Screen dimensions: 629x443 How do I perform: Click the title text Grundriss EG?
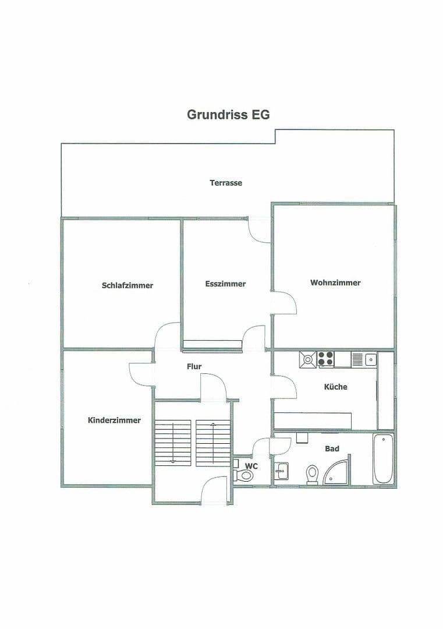pyautogui.click(x=228, y=115)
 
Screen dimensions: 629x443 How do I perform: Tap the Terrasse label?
pyautogui.click(x=226, y=183)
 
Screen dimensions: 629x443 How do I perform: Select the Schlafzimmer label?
pyautogui.click(x=127, y=285)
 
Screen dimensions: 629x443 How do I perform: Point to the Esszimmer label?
pyautogui.click(x=225, y=284)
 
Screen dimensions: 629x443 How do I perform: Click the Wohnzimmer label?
pyautogui.click(x=335, y=282)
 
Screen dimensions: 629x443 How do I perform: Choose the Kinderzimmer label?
pyautogui.click(x=114, y=420)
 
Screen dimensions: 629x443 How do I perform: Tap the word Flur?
pyautogui.click(x=194, y=366)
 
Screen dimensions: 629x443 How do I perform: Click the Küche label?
pyautogui.click(x=335, y=387)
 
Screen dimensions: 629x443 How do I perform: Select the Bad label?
pyautogui.click(x=332, y=448)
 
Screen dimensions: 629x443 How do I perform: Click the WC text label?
pyautogui.click(x=251, y=466)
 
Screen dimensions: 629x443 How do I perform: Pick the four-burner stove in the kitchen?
pyautogui.click(x=325, y=359)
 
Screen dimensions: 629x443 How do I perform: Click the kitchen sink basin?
pyautogui.click(x=370, y=359)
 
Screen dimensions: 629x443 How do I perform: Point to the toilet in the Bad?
pyautogui.click(x=312, y=475)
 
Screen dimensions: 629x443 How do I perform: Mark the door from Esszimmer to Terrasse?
pyautogui.click(x=259, y=230)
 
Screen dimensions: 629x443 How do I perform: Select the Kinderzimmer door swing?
pyautogui.click(x=141, y=374)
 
